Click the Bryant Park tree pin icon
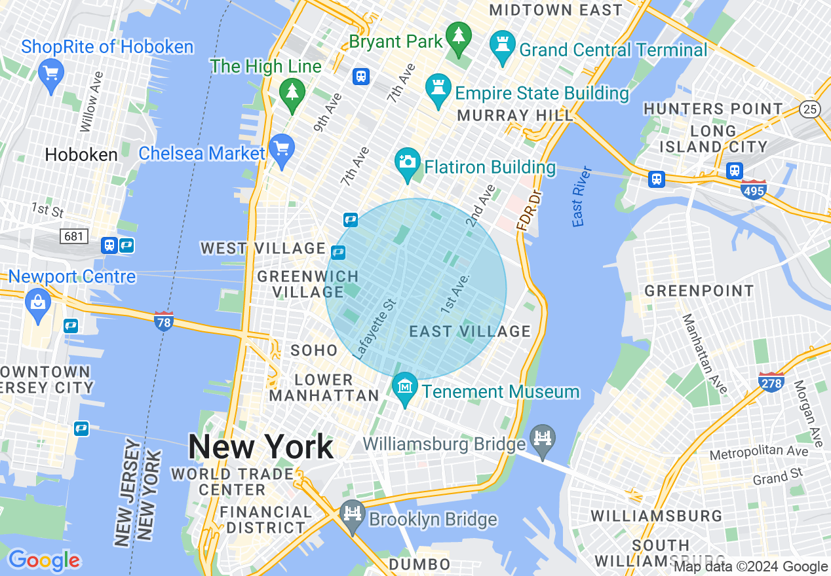[x=459, y=39]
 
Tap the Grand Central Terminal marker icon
[x=503, y=46]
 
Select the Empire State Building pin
[x=437, y=90]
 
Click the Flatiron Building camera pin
[x=407, y=164]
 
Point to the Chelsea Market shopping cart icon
[x=282, y=150]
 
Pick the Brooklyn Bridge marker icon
[x=353, y=516]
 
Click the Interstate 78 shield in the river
[x=164, y=321]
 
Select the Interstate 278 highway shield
[x=771, y=382]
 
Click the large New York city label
[x=260, y=448]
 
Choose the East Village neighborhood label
[x=470, y=331]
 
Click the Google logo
[x=45, y=560]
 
